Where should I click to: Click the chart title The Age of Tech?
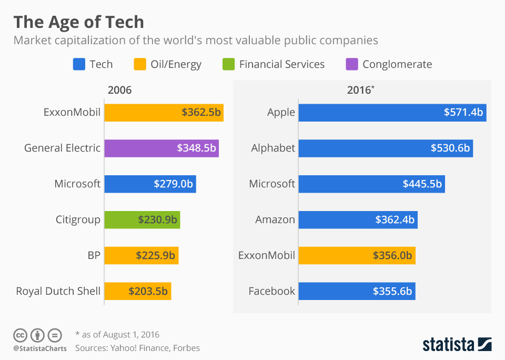pos(78,22)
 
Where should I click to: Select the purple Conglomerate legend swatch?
pos(351,64)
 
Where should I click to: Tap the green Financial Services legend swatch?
pos(228,64)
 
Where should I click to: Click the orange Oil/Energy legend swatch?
pos(139,64)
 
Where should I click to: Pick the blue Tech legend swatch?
pos(78,64)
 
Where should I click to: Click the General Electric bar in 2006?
pos(161,148)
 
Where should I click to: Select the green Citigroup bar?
pos(142,219)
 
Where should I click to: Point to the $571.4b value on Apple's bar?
pos(463,112)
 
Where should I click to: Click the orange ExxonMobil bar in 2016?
pos(357,255)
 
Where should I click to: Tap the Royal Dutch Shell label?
pos(58,291)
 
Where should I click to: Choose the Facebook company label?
pos(271,291)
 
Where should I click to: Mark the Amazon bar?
pos(358,219)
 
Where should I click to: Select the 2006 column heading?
pos(119,90)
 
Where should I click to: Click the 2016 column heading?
pos(360,90)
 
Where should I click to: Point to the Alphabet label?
pos(273,148)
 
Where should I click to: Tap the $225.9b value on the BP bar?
pos(155,255)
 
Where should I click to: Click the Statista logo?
pos(457,345)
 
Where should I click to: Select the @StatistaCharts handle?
pos(40,348)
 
